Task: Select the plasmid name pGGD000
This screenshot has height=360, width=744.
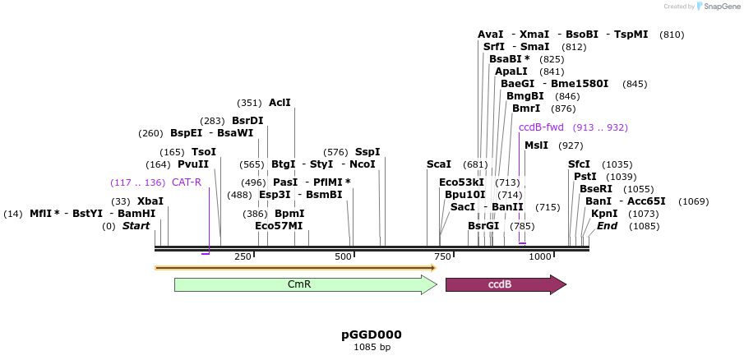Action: (372, 335)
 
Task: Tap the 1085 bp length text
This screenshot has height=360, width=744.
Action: (372, 348)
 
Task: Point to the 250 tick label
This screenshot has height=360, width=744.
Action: (243, 257)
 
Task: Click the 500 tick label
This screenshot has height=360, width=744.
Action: (344, 257)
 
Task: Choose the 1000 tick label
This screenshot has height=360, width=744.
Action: (539, 257)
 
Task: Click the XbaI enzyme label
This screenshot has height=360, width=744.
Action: (150, 201)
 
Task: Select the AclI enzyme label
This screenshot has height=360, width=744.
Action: (280, 103)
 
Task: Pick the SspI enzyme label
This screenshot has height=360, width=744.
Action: (367, 151)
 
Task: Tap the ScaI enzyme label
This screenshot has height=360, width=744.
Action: (439, 164)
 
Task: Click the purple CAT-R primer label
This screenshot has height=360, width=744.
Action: (187, 182)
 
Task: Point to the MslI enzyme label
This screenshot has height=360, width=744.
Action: (536, 145)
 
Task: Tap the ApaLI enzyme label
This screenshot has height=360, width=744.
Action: (511, 72)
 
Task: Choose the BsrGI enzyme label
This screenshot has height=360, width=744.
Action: (483, 225)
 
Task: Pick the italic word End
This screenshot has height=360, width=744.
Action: (607, 225)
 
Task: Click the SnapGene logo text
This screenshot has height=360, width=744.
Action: (720, 7)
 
